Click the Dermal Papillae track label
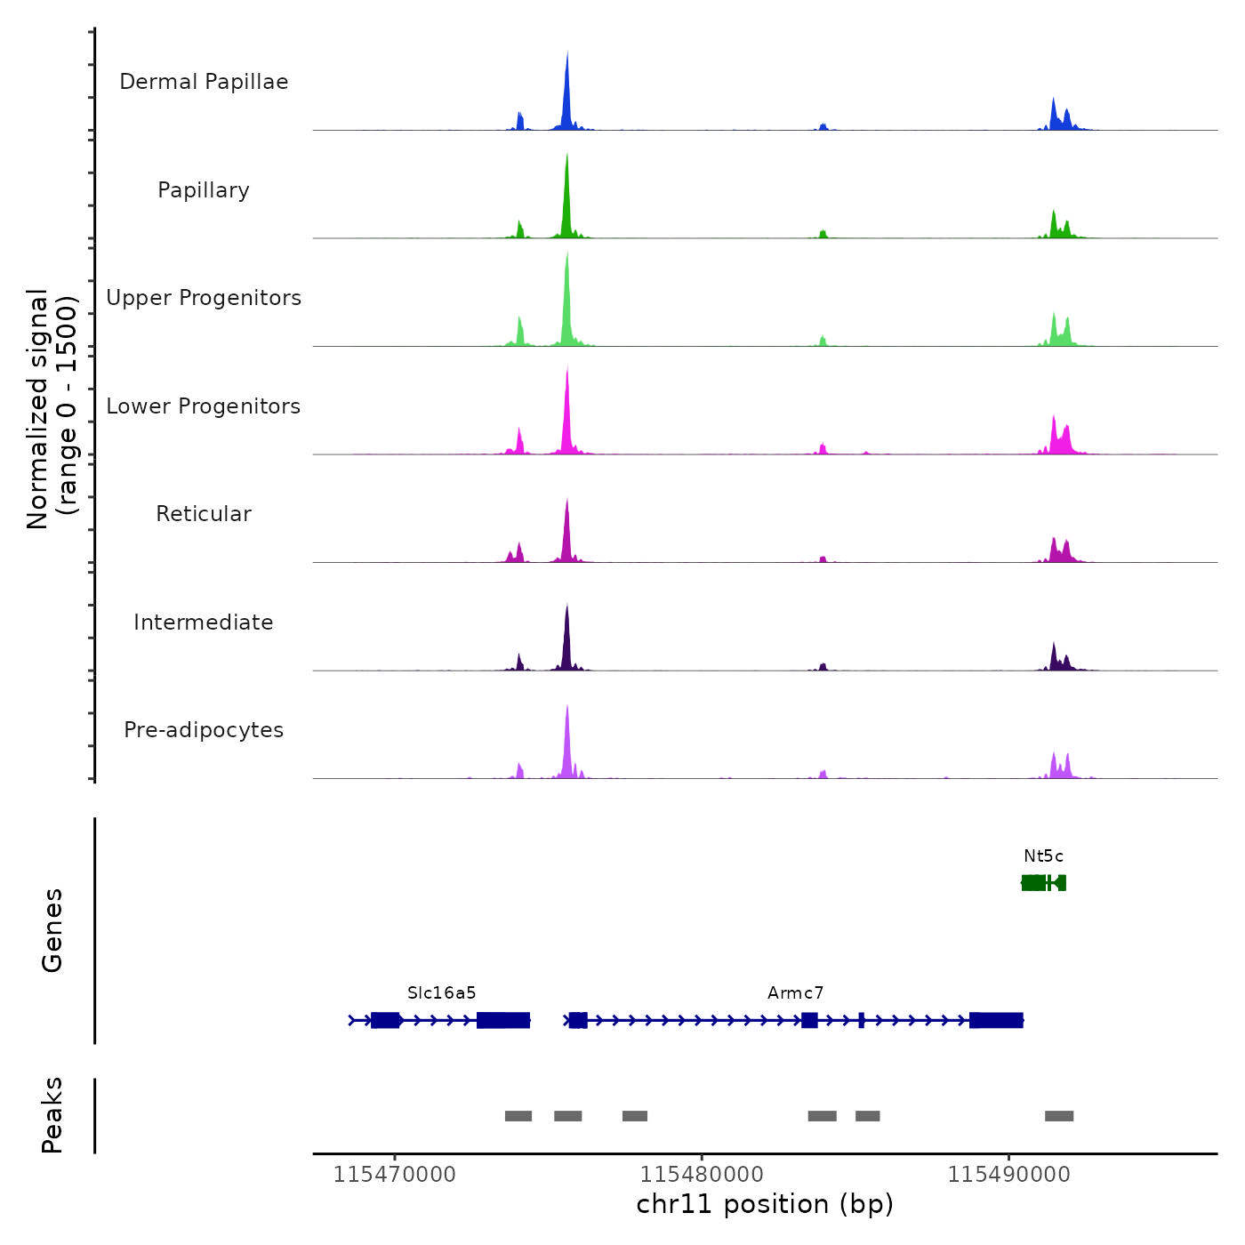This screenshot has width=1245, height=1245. (x=204, y=82)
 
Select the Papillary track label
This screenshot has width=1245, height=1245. (x=204, y=190)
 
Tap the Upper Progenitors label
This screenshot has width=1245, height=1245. (x=204, y=298)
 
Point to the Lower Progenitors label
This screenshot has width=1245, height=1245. (x=204, y=406)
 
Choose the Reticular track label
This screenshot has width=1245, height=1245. (x=204, y=514)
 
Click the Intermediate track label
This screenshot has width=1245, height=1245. (x=204, y=622)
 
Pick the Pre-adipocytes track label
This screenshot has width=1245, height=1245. (x=204, y=730)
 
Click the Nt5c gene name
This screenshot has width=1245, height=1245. (x=1043, y=856)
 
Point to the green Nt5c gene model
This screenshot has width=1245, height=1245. (x=1043, y=882)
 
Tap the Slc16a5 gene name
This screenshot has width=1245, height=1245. (x=442, y=993)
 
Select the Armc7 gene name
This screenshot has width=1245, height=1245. (x=796, y=993)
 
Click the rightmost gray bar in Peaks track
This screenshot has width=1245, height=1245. (x=1059, y=1116)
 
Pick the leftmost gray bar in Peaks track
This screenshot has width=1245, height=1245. (x=518, y=1116)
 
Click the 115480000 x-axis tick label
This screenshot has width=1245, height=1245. (x=702, y=1175)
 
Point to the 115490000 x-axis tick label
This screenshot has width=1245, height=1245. (x=1008, y=1175)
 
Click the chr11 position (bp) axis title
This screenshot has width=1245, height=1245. (x=765, y=1205)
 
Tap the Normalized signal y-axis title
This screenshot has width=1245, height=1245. (x=52, y=409)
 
